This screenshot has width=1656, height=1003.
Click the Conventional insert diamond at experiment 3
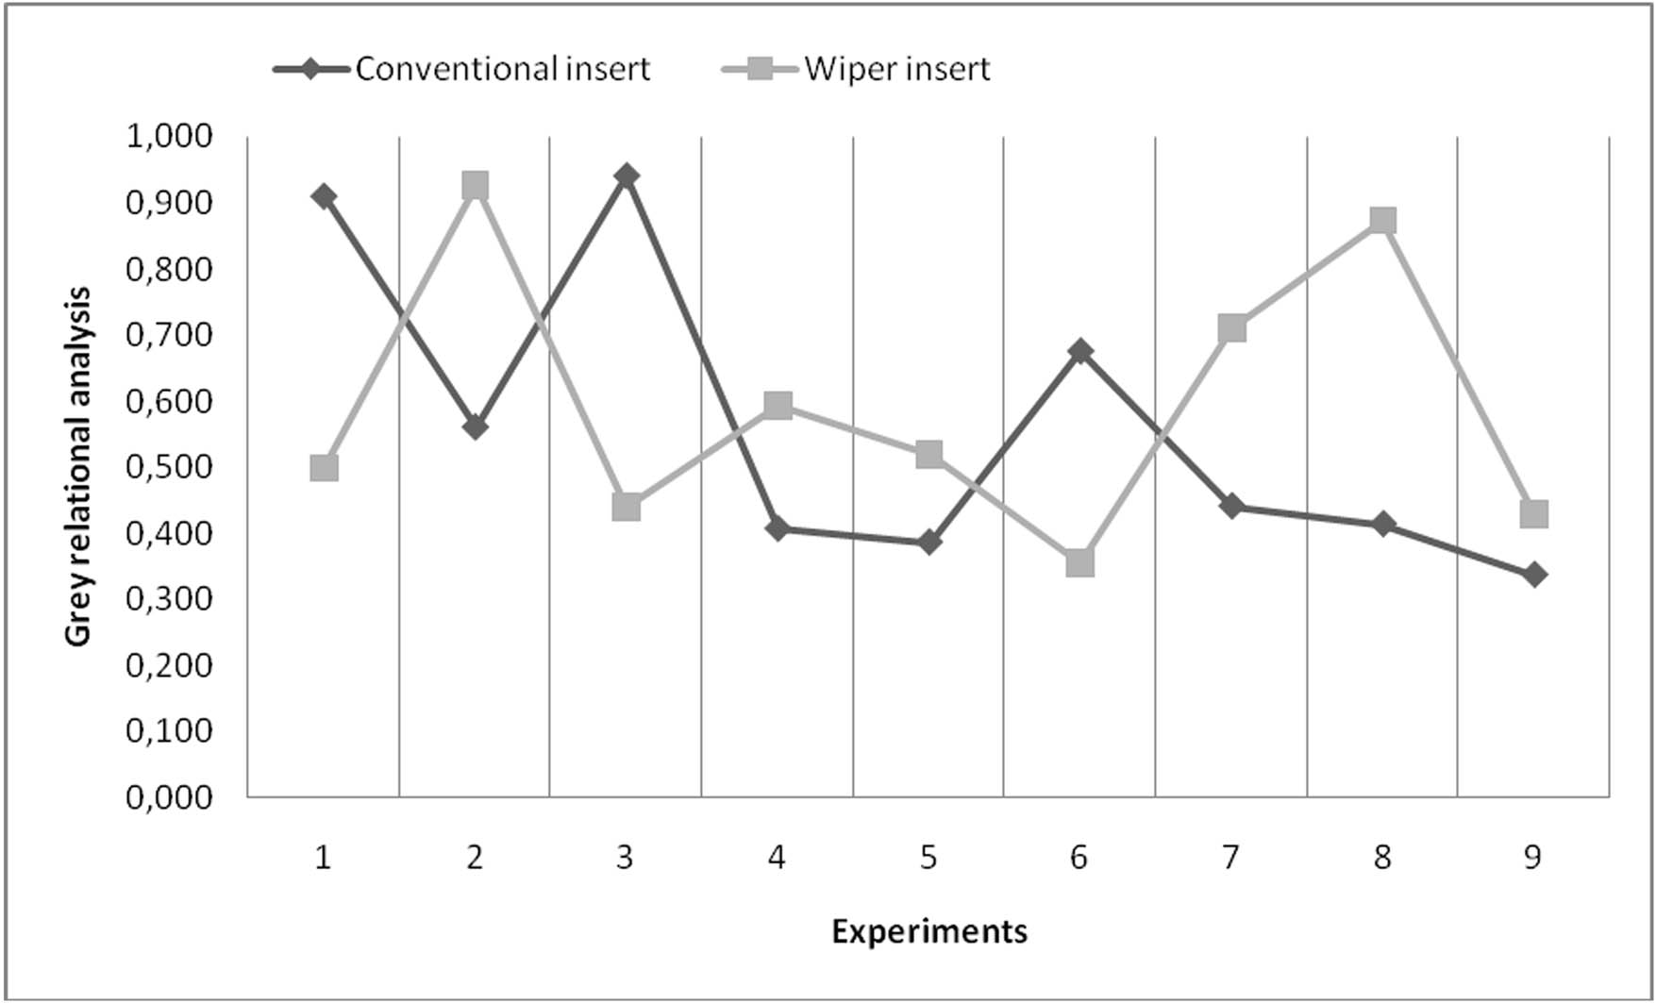pos(627,176)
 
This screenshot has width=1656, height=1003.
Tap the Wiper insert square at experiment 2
pos(475,185)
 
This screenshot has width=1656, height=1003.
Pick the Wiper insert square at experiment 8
pos(1382,221)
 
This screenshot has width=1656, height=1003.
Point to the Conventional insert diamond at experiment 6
pos(1080,352)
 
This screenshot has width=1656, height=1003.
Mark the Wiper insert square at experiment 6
pos(1080,563)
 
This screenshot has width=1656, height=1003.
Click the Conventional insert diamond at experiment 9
pos(1534,574)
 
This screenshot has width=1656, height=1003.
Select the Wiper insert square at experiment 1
pos(324,468)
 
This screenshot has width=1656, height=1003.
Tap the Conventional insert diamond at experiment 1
pos(324,196)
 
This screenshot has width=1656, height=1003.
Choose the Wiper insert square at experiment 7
pos(1231,328)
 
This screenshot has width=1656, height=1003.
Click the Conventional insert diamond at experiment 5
pos(928,543)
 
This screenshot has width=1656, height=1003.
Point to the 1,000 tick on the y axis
pos(170,137)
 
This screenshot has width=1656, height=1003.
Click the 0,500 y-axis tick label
pos(170,467)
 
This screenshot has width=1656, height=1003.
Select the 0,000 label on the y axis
pos(170,797)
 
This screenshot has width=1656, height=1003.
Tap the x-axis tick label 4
pos(777,858)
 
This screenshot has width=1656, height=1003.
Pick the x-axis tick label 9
pos(1533,858)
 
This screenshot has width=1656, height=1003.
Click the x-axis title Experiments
pos(928,932)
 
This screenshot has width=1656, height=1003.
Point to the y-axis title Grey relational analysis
pos(79,467)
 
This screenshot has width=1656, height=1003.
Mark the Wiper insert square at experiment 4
pos(778,406)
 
